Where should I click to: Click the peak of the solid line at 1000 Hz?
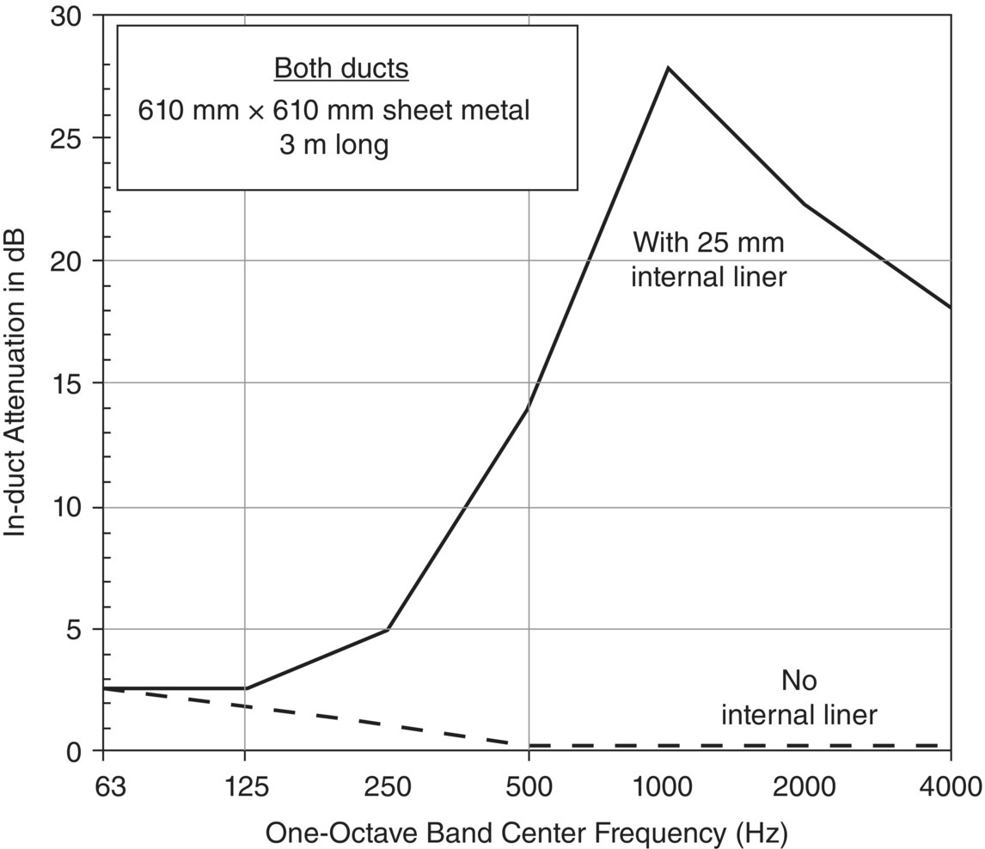(x=668, y=68)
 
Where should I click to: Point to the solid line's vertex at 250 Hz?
(x=388, y=629)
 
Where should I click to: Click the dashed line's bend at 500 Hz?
(x=528, y=745)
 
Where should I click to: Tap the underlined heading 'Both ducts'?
(x=341, y=69)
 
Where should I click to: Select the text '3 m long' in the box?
(x=333, y=144)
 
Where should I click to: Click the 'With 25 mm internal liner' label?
(x=708, y=260)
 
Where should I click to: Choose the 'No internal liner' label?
(x=798, y=698)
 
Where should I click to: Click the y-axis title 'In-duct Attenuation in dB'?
(x=15, y=383)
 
